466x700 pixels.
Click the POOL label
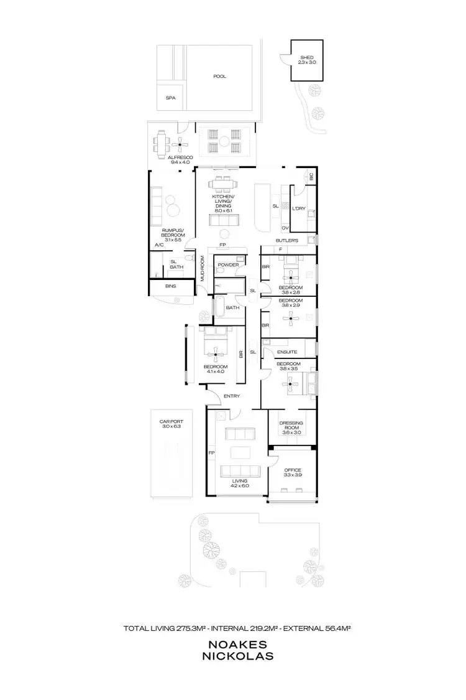click(x=220, y=77)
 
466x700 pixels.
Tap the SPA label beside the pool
click(x=170, y=98)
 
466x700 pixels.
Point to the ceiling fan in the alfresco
click(x=180, y=146)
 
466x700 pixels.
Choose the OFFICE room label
click(x=293, y=470)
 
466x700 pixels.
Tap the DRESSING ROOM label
click(x=292, y=426)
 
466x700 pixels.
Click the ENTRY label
click(x=232, y=396)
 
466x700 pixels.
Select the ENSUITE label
click(x=288, y=352)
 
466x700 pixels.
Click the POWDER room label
click(x=228, y=265)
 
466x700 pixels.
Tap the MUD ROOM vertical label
click(x=203, y=269)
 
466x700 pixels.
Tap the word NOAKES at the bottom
click(x=233, y=645)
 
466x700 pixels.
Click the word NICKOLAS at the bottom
click(x=233, y=656)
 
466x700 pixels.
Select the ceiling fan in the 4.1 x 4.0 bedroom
click(x=216, y=355)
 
